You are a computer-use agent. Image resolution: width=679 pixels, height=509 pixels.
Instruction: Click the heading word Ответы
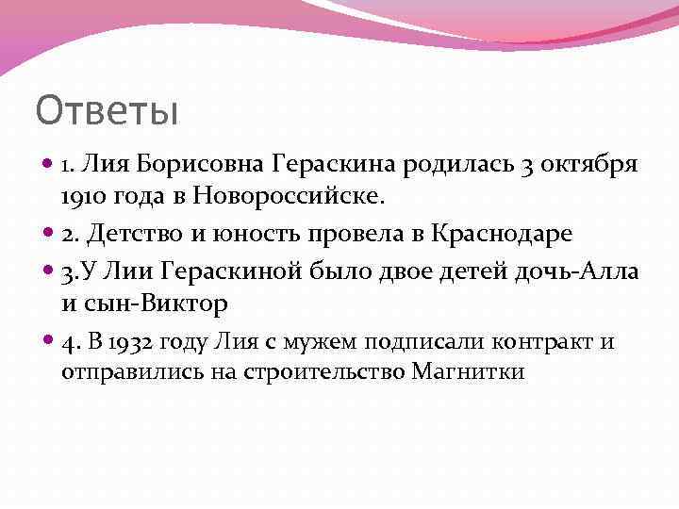pos(107,111)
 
